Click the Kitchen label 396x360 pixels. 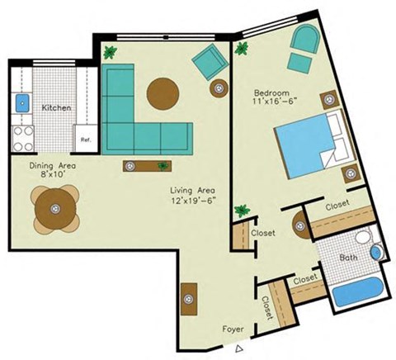pyautogui.click(x=56, y=108)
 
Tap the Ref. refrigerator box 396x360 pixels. pyautogui.click(x=85, y=140)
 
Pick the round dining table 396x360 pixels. pyautogui.click(x=55, y=207)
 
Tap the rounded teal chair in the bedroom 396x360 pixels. pyautogui.click(x=304, y=39)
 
